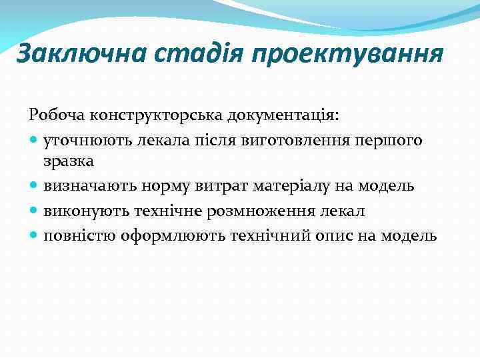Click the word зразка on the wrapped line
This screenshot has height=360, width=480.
click(x=69, y=161)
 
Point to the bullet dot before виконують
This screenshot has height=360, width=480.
click(x=34, y=211)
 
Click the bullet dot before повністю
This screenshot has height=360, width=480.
click(x=34, y=235)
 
